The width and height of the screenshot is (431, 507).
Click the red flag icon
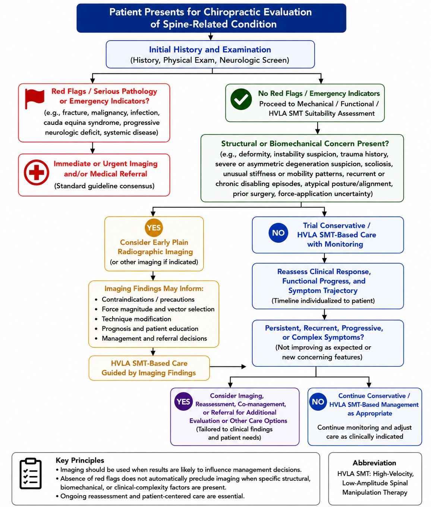pyautogui.click(x=34, y=98)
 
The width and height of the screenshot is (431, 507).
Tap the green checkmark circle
pyautogui.click(x=241, y=99)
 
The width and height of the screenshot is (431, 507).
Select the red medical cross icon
pyautogui.click(x=36, y=172)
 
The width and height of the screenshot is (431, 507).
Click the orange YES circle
pyautogui.click(x=154, y=228)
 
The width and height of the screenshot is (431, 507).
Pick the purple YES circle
pyautogui.click(x=183, y=401)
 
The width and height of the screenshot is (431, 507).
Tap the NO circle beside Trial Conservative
pyautogui.click(x=278, y=233)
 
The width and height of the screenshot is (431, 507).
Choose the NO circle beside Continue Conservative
pyautogui.click(x=318, y=401)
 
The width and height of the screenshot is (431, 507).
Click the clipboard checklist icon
pyautogui.click(x=31, y=473)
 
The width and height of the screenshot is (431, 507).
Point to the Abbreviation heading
pyautogui.click(x=374, y=463)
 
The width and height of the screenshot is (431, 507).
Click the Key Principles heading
pyautogui.click(x=80, y=460)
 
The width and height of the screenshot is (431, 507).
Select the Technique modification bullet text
pyautogui.click(x=136, y=319)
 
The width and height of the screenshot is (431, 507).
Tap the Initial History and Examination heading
pyautogui.click(x=210, y=50)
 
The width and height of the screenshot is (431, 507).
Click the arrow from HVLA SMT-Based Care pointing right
pyautogui.click(x=228, y=366)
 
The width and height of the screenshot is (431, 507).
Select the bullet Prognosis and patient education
pyautogui.click(x=150, y=329)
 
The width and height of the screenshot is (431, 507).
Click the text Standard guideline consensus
pyautogui.click(x=104, y=186)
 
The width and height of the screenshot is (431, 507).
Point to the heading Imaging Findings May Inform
pyautogui.click(x=154, y=289)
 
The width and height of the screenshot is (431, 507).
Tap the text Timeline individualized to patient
pyautogui.click(x=323, y=301)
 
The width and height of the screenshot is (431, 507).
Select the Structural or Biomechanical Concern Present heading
pyautogui.click(x=305, y=144)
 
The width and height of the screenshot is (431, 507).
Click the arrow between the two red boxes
pyautogui.click(x=92, y=148)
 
